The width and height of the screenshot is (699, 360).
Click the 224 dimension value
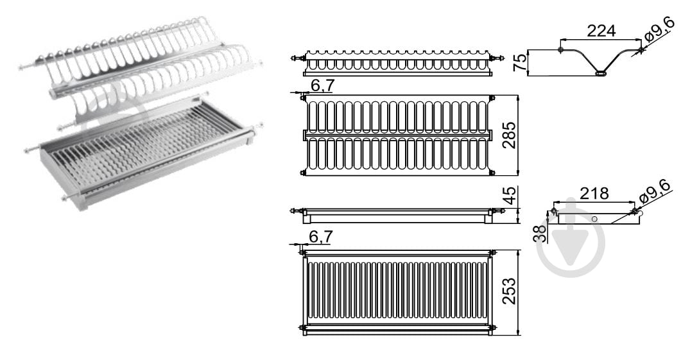(601, 31)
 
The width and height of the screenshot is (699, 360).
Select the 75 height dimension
(520, 62)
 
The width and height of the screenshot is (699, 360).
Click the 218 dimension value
(594, 193)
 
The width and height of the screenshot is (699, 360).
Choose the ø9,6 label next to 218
(655, 192)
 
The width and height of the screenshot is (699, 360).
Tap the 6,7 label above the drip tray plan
(320, 237)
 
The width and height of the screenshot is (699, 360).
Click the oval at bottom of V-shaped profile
(601, 73)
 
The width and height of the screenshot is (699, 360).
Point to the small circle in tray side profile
(594, 219)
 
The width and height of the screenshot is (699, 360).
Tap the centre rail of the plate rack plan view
(398, 135)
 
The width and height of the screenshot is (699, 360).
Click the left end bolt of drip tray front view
(296, 210)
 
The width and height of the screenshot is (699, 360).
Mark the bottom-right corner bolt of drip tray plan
(492, 329)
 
